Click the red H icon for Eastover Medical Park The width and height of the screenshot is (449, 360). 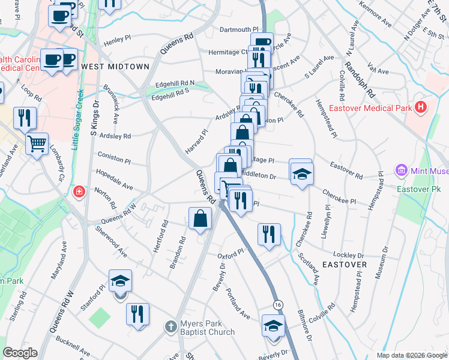pyautogui.click(x=421, y=108)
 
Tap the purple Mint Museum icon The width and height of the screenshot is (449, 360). pyautogui.click(x=401, y=171)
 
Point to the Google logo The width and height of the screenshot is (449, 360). pyautogui.click(x=20, y=353)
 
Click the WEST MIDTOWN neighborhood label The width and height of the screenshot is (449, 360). pyautogui.click(x=115, y=67)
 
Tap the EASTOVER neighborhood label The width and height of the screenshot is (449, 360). pyautogui.click(x=345, y=264)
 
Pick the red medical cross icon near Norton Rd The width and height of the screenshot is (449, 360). pyautogui.click(x=78, y=192)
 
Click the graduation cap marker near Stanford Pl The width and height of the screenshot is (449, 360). pyautogui.click(x=120, y=281)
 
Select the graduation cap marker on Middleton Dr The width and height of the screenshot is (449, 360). pyautogui.click(x=301, y=173)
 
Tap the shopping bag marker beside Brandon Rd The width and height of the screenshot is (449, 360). pyautogui.click(x=200, y=220)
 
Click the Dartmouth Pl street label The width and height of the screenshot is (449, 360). pyautogui.click(x=239, y=29)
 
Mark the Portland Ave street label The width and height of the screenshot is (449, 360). pyautogui.click(x=238, y=303)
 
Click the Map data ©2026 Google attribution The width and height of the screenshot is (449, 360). pyautogui.click(x=412, y=355)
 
